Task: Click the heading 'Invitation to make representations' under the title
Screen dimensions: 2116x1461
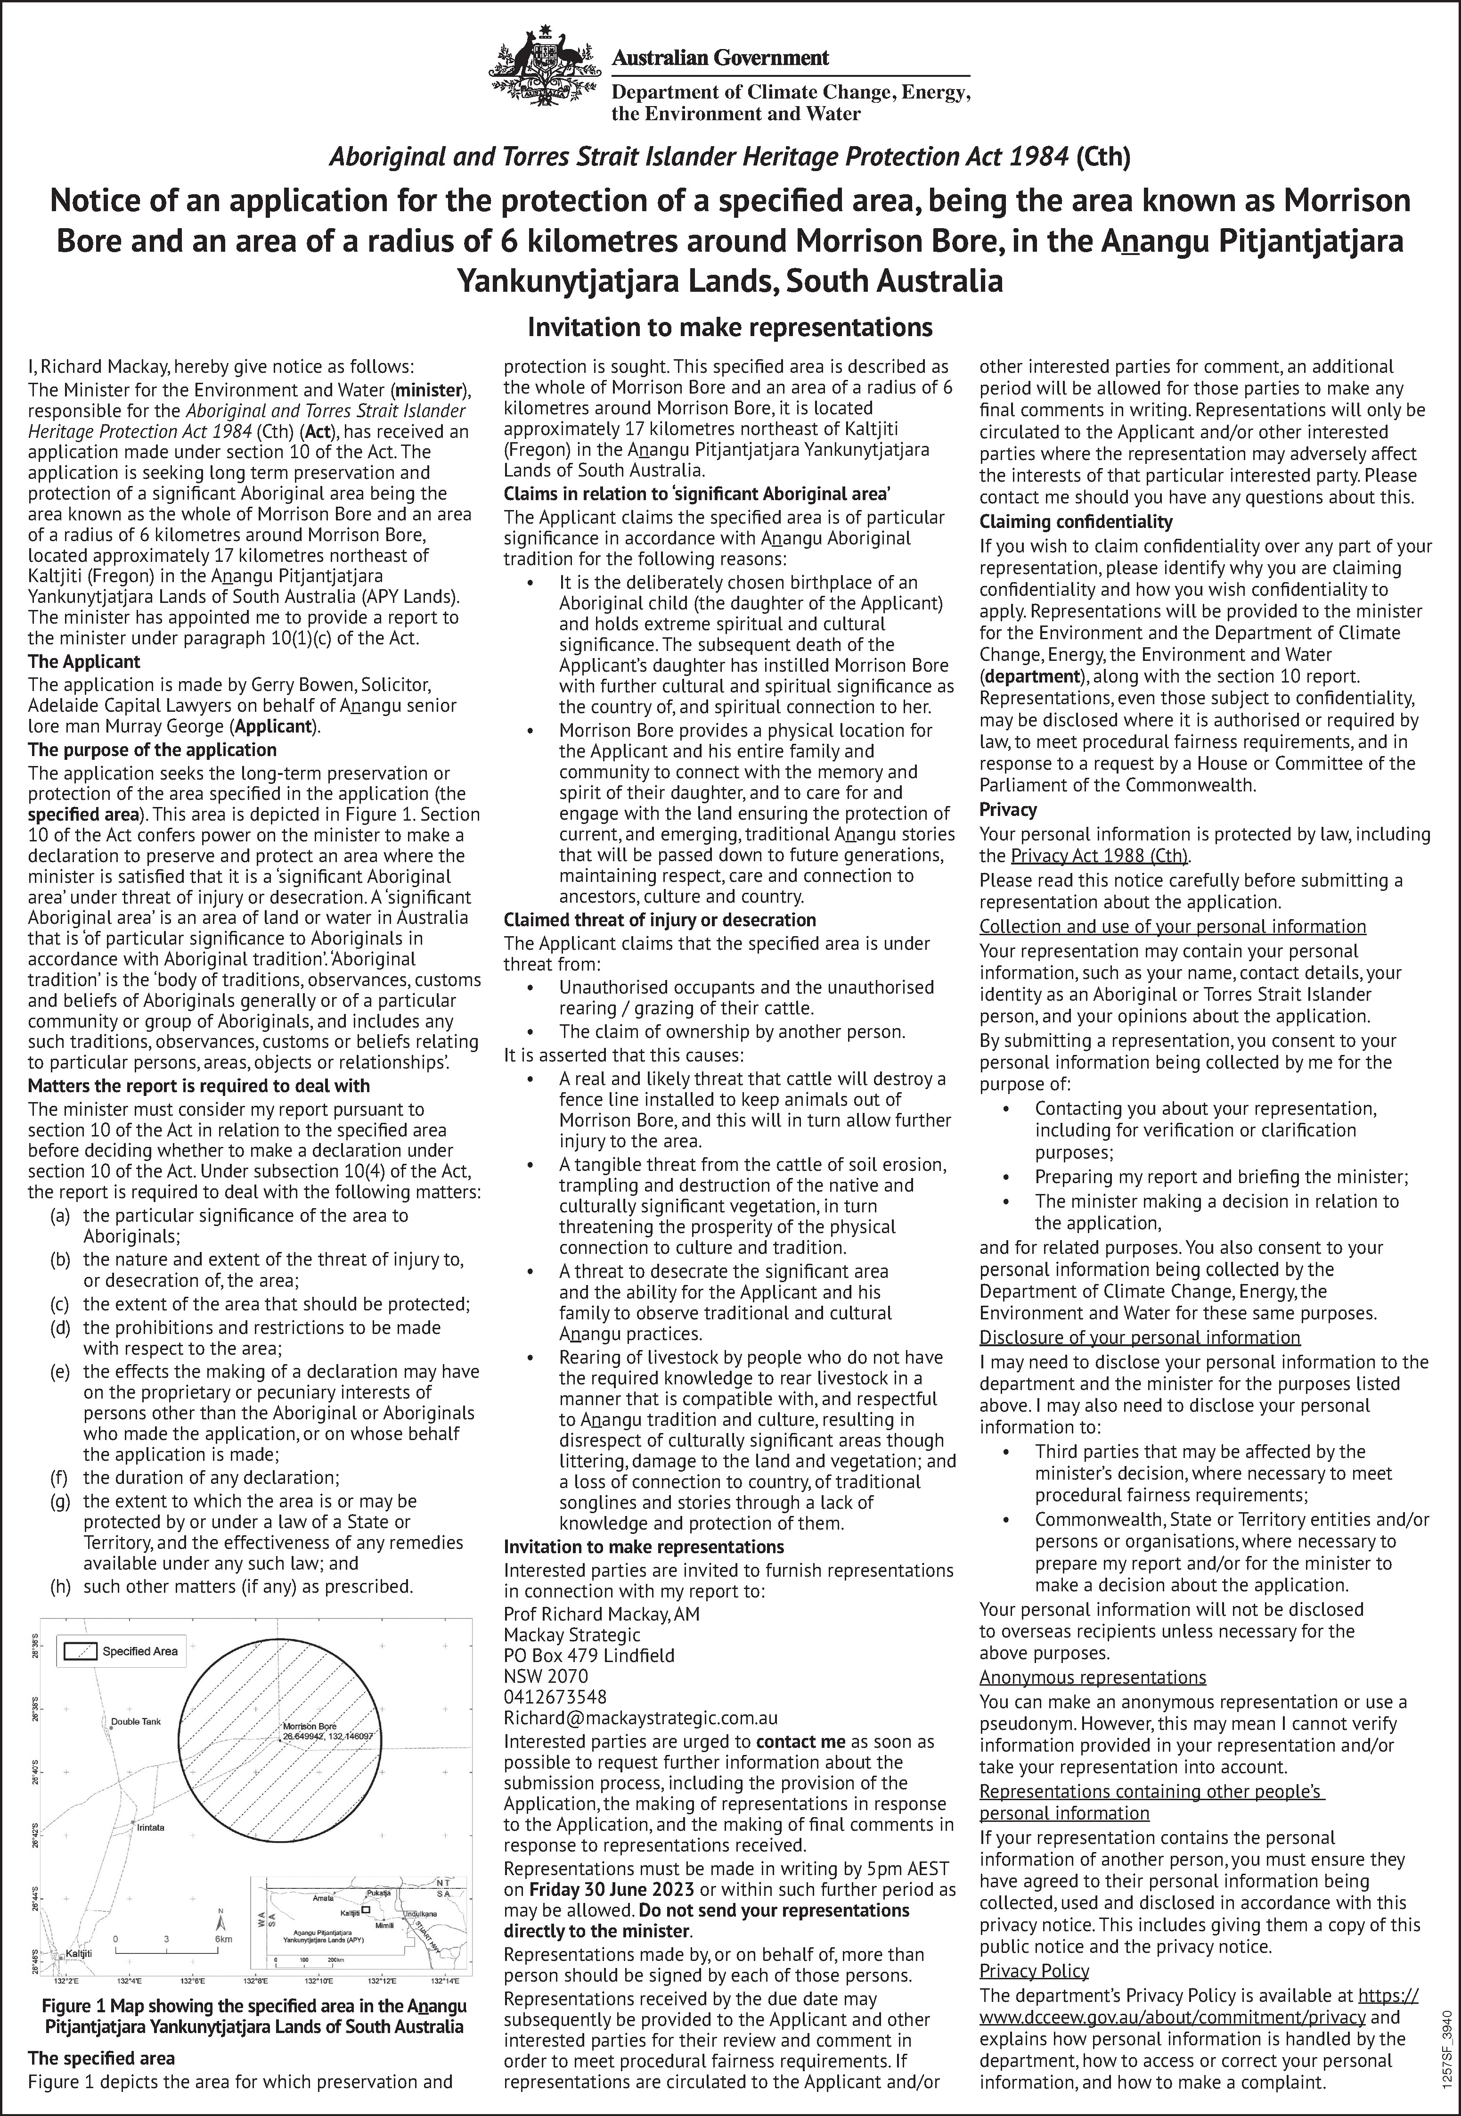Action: pos(730,327)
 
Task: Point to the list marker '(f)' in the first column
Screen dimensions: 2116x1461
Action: pos(60,1477)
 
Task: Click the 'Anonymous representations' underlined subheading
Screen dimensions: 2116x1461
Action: pos(1092,1678)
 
